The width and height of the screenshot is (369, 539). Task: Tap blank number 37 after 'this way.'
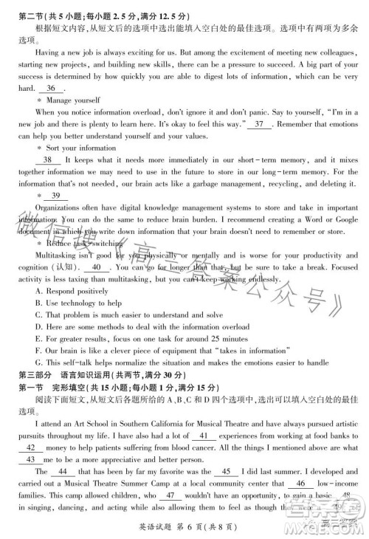click(258, 125)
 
